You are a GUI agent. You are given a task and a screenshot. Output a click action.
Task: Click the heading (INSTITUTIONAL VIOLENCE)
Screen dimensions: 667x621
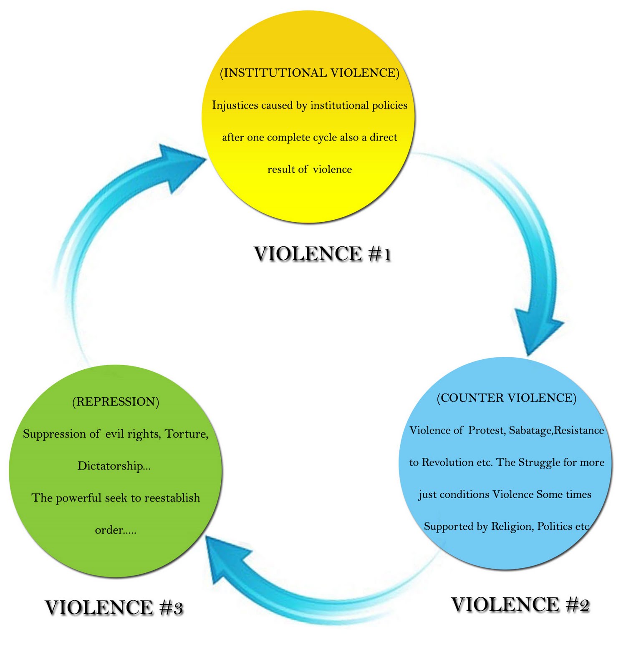pos(309,73)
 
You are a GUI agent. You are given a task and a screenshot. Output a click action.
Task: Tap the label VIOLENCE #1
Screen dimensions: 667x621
pos(322,254)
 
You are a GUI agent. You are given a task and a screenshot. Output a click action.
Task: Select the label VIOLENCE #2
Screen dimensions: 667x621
pos(520,604)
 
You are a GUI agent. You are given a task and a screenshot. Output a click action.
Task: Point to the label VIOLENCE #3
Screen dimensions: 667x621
pos(114,607)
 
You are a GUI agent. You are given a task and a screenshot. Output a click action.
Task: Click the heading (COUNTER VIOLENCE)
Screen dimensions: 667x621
pos(506,398)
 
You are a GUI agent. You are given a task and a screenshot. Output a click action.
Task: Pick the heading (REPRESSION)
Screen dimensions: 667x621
pos(116,401)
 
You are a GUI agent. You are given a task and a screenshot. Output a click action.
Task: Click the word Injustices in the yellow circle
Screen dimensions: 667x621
pos(235,105)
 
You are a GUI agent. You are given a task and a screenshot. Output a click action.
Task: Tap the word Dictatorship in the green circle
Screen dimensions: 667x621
pos(111,466)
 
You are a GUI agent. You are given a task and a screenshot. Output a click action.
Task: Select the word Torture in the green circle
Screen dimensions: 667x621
pos(185,434)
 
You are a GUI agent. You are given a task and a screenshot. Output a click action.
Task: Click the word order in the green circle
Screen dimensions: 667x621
pos(109,530)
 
